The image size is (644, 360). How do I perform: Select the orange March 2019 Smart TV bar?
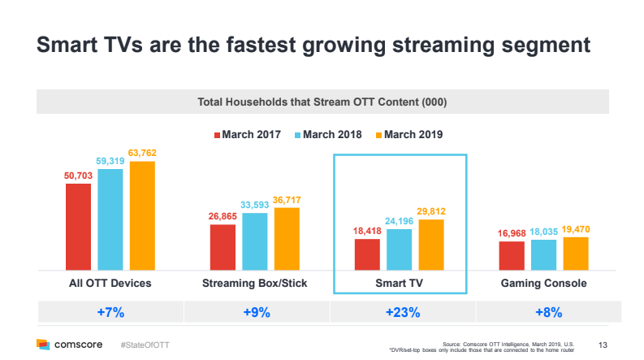(430, 245)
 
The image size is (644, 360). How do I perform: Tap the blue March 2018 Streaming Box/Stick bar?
(255, 241)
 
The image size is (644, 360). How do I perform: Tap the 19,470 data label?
(576, 230)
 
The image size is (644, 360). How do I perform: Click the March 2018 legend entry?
(327, 134)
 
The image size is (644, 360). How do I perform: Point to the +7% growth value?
(110, 312)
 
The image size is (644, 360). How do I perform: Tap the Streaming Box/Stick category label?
(254, 284)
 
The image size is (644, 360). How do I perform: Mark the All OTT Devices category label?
(110, 284)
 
